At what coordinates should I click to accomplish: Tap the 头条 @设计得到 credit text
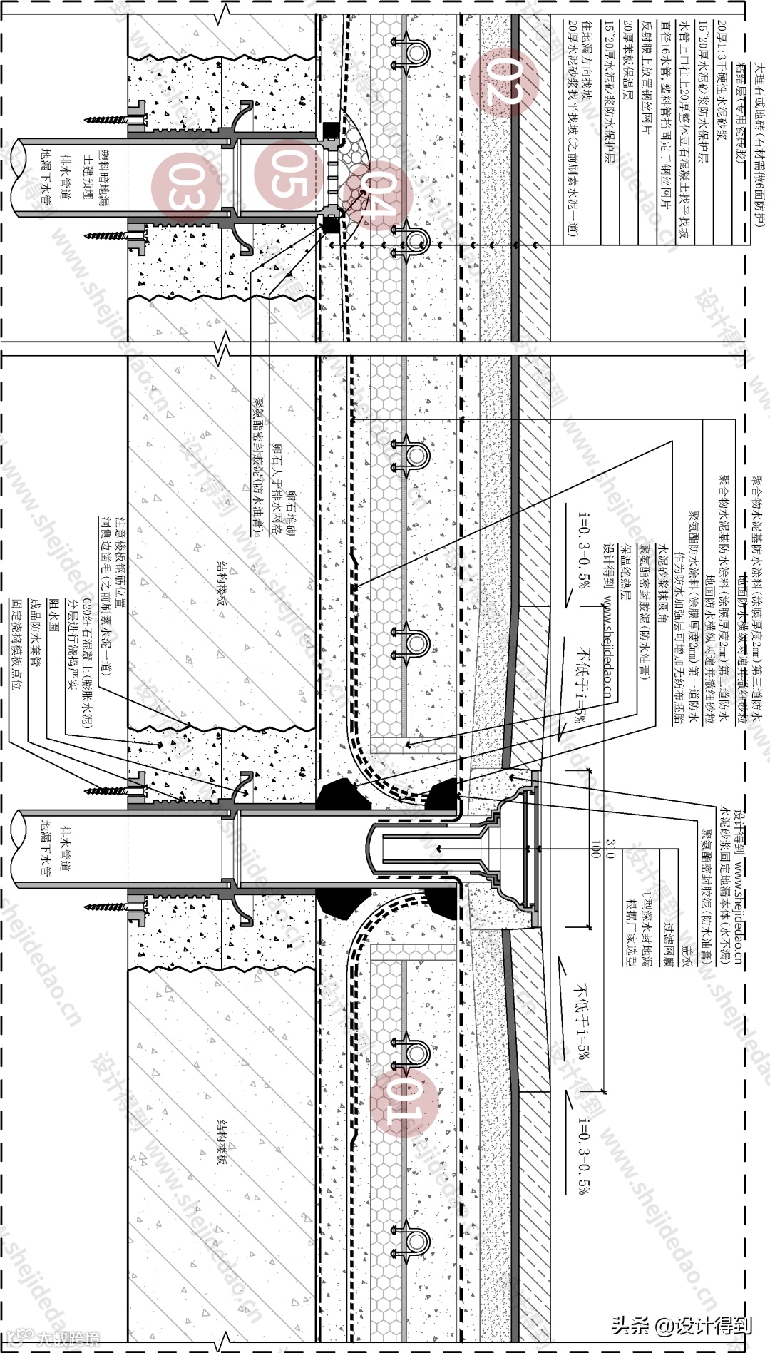coord(681,1325)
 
